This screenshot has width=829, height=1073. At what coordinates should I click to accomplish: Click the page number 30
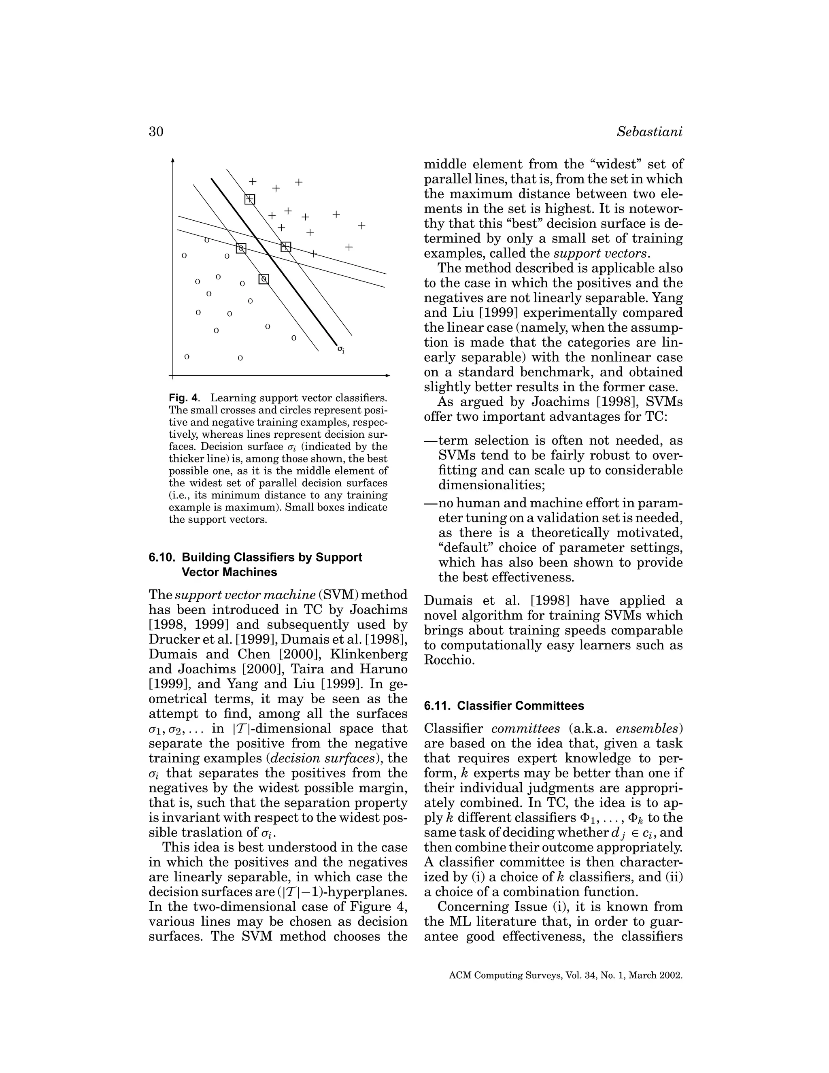pos(156,132)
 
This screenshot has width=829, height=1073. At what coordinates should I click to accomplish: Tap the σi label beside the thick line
pos(341,349)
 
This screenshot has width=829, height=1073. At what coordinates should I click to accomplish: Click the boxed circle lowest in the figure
pos(264,279)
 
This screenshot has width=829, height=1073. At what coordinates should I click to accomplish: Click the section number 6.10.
pos(162,558)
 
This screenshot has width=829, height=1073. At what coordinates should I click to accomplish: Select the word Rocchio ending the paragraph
pos(442,660)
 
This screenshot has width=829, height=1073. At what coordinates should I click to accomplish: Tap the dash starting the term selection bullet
pos(431,441)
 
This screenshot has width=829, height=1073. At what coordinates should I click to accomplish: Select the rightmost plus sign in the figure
pos(361,226)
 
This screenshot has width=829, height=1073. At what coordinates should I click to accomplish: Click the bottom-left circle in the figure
pos(187,357)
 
